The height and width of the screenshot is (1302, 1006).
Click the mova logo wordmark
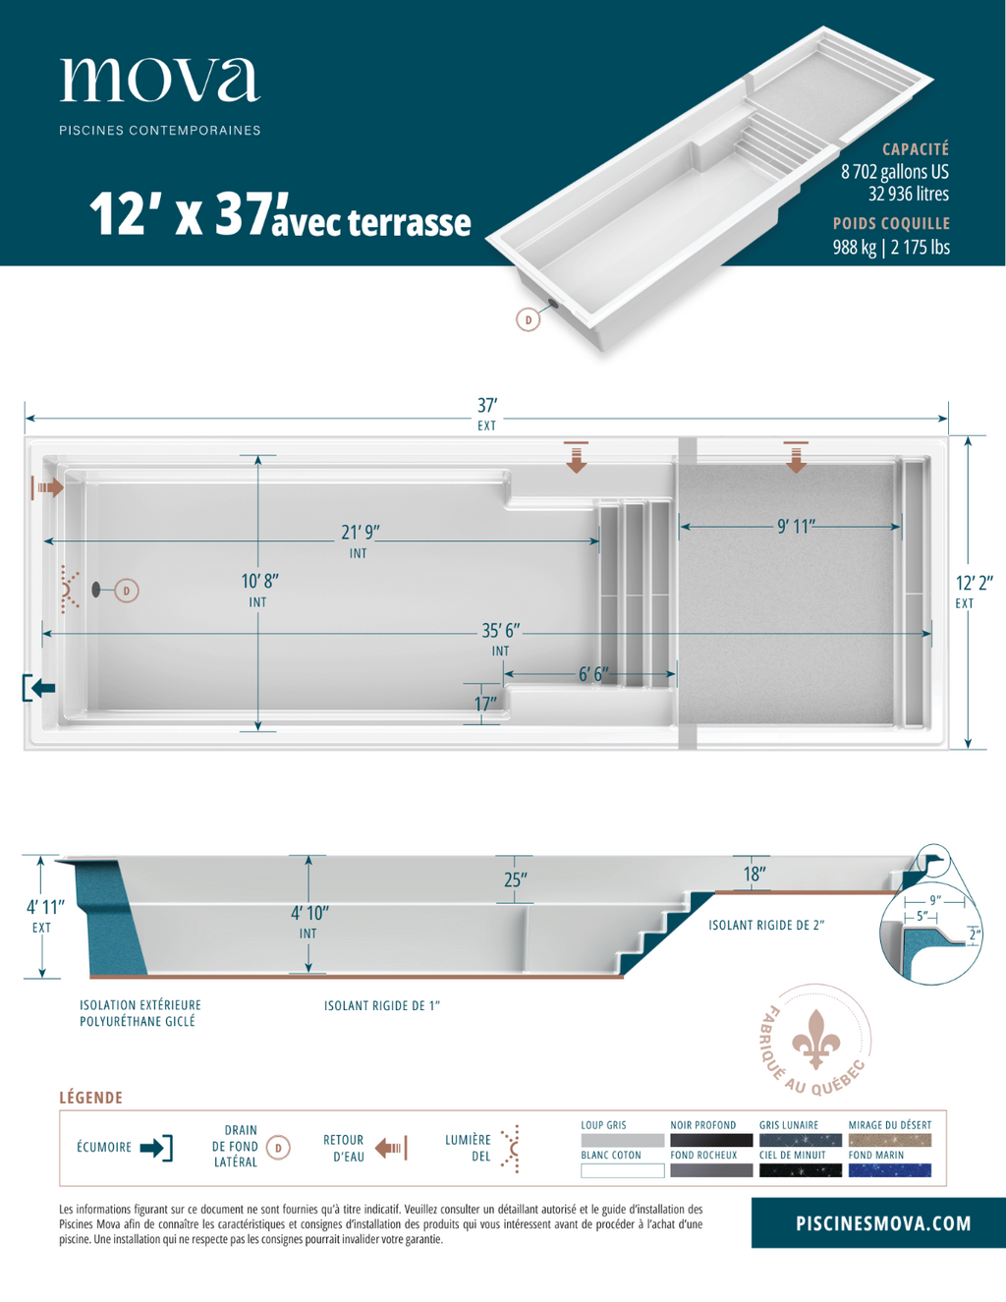point(160,80)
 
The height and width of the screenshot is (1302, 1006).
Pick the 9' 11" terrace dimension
point(796,527)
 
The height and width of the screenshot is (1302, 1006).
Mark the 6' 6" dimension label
point(592,674)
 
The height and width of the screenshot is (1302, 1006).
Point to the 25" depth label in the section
point(515,880)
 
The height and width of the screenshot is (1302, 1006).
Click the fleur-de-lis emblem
point(815,1038)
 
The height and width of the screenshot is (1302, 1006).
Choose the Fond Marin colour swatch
point(889,1170)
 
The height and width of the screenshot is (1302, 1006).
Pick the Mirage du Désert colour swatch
point(889,1141)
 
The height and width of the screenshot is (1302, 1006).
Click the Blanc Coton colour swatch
point(622,1170)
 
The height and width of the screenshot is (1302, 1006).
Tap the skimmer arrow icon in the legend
point(156,1148)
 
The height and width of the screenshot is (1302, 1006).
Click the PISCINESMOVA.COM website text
point(882,1223)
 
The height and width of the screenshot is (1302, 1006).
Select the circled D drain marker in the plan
point(126,591)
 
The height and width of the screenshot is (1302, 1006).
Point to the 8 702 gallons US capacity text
point(894,172)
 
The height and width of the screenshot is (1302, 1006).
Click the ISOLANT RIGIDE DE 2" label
point(766,925)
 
